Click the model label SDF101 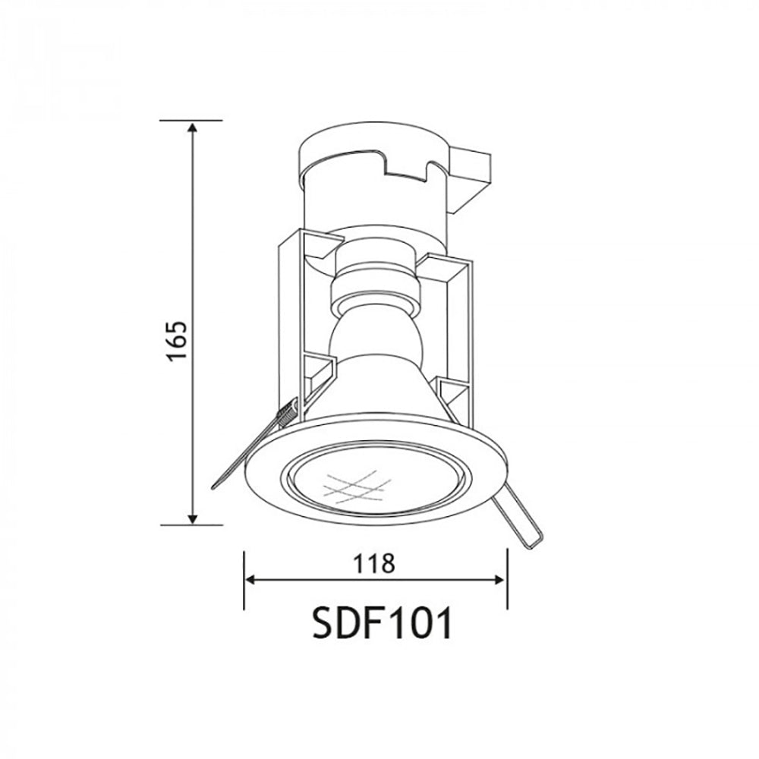point(383,625)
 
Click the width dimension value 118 point(373,563)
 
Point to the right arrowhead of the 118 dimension point(501,581)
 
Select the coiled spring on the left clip point(286,415)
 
